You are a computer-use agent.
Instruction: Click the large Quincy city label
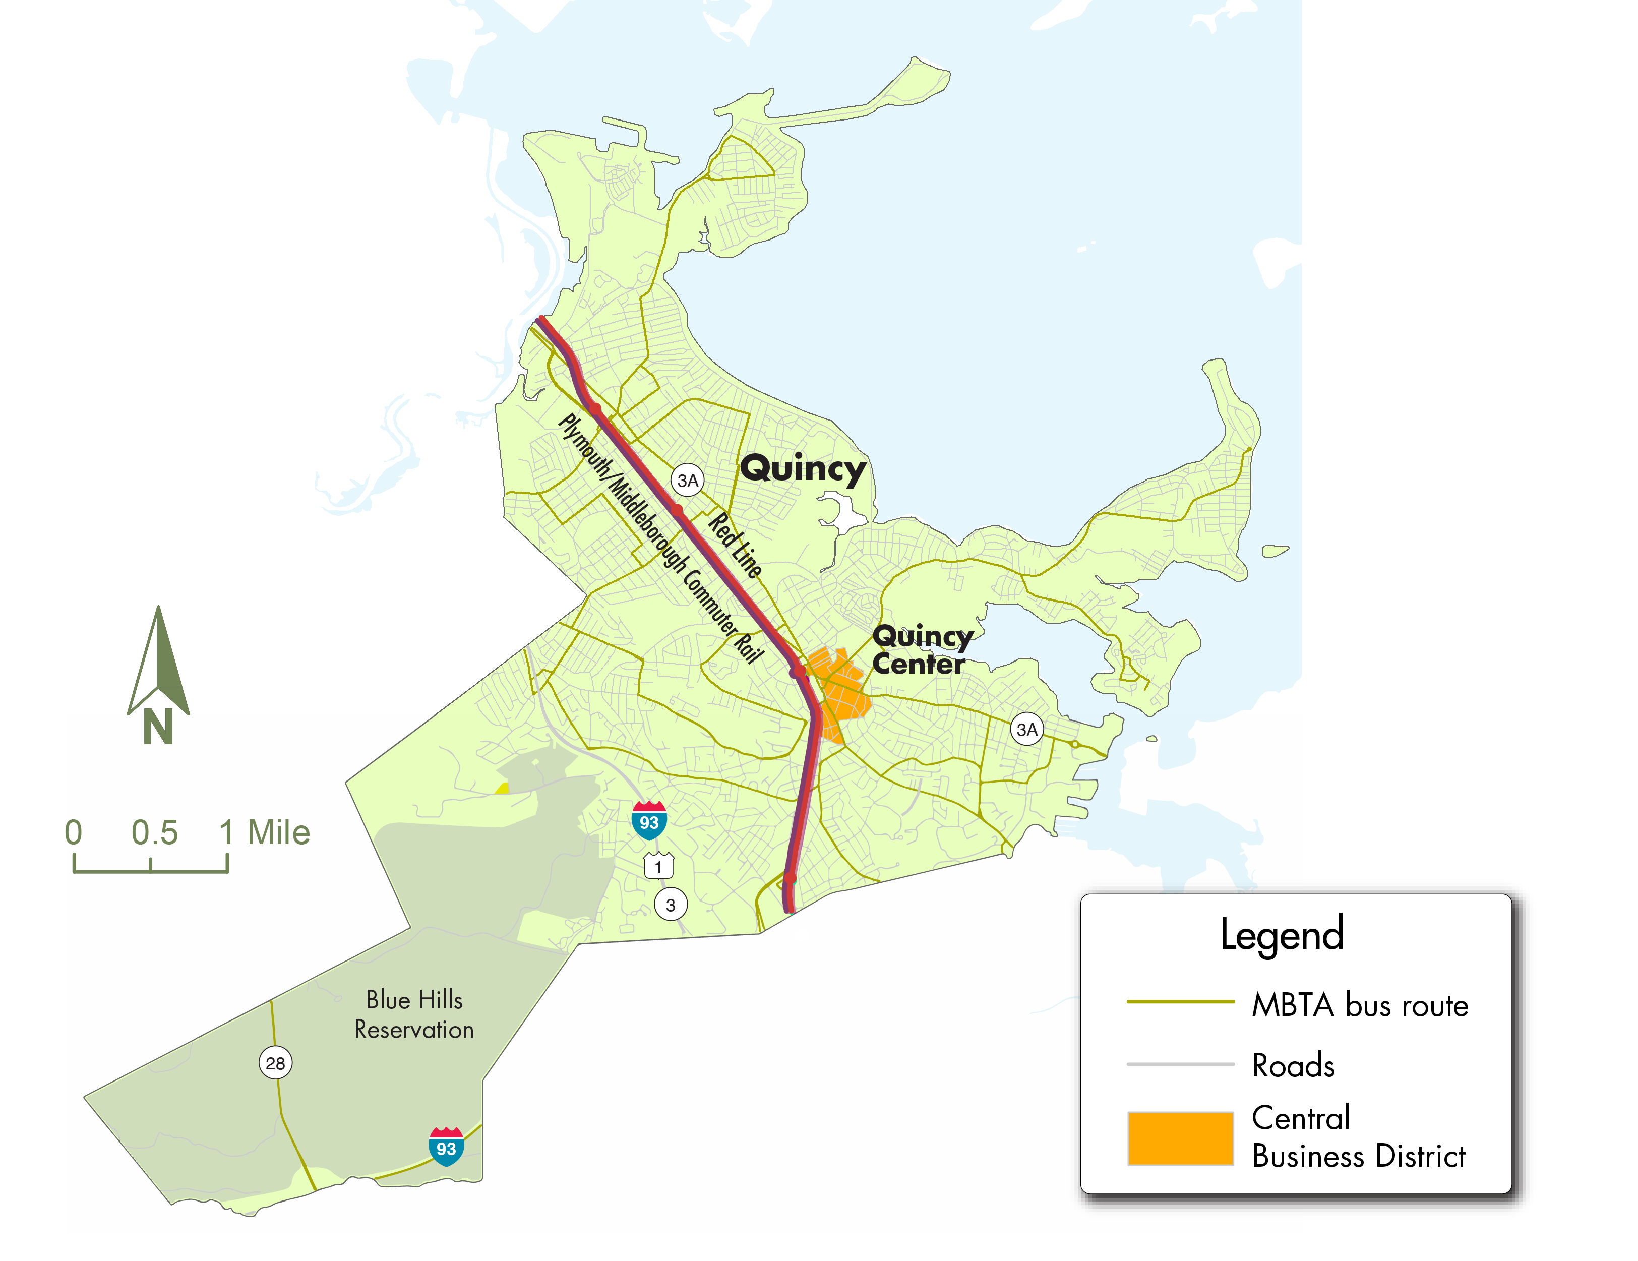803,469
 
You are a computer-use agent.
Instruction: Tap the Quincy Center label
921,650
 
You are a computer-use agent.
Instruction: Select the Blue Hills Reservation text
414,1014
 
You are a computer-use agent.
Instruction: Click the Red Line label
736,545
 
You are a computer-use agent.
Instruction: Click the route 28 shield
275,1063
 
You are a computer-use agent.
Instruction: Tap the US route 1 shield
658,866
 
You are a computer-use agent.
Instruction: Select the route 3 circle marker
671,905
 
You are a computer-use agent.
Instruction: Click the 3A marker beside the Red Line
688,480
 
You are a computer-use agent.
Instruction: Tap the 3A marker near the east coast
1027,729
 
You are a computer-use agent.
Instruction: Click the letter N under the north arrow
158,726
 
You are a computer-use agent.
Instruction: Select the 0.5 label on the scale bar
154,832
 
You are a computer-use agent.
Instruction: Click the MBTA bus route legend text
1360,1005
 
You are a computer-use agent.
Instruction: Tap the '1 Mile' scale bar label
264,832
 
